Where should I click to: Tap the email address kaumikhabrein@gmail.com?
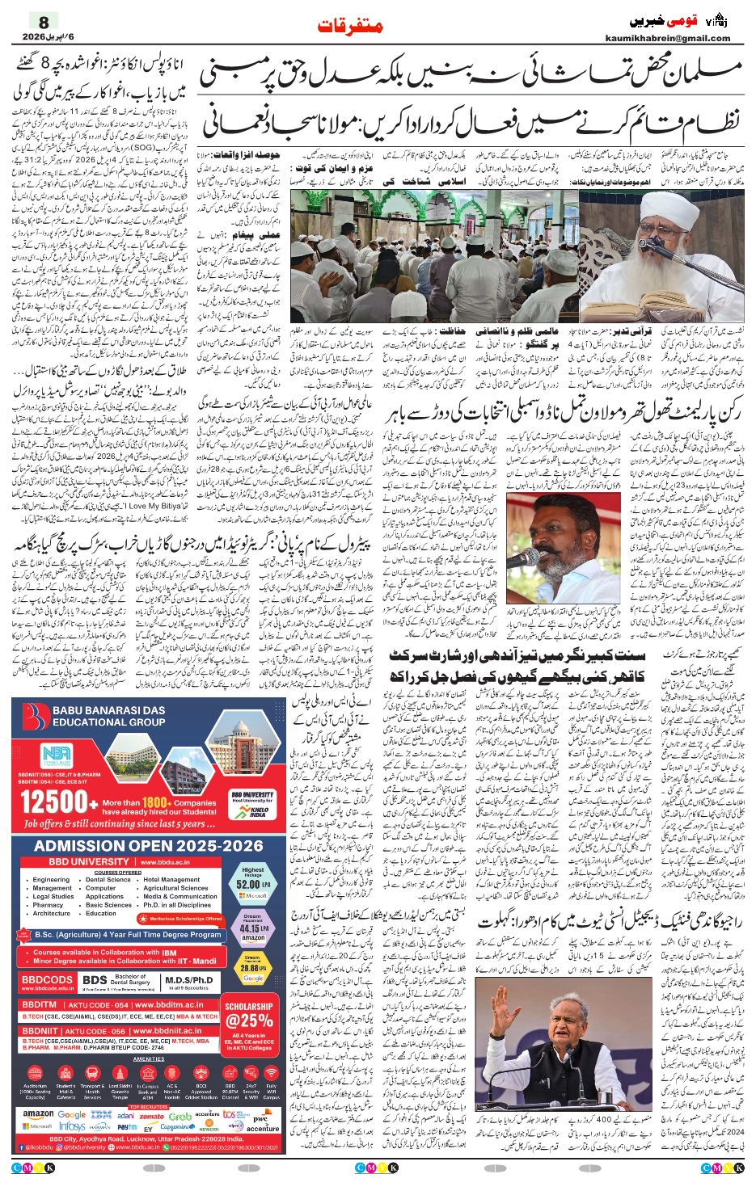point(667,38)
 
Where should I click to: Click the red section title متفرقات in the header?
point(350,27)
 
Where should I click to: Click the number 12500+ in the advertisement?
point(55,802)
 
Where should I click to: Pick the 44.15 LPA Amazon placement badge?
point(253,928)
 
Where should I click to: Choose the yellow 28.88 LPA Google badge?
point(253,967)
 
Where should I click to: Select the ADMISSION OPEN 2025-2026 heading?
point(149,846)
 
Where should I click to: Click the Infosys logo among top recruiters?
point(73,1126)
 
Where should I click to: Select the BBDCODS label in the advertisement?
point(47,979)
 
